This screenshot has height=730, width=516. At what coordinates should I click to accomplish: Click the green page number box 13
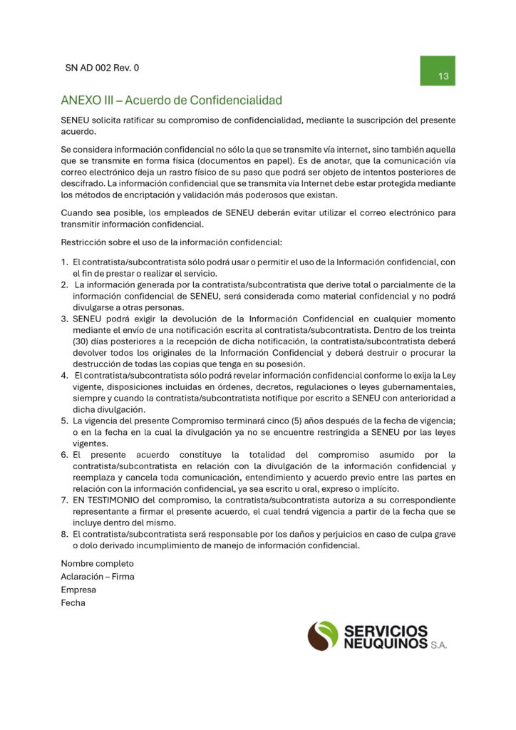437,71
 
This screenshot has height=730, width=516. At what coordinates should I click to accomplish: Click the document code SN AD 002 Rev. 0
102,68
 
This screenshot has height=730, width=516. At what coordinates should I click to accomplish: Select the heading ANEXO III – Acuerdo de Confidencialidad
171,100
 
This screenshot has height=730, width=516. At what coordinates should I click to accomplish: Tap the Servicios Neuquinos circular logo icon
323,636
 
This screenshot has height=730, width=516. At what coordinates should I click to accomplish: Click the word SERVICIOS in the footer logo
386,631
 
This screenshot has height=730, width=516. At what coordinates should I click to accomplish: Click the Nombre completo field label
97,563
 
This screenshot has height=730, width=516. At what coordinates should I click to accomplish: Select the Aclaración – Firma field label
98,576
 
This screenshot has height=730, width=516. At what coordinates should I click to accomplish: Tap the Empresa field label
78,590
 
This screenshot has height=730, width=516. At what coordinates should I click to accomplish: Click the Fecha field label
73,602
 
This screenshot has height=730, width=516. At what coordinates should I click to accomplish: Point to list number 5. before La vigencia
64,421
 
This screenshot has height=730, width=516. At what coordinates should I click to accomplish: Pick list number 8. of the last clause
64,534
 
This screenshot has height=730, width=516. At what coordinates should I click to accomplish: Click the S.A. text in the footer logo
438,644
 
